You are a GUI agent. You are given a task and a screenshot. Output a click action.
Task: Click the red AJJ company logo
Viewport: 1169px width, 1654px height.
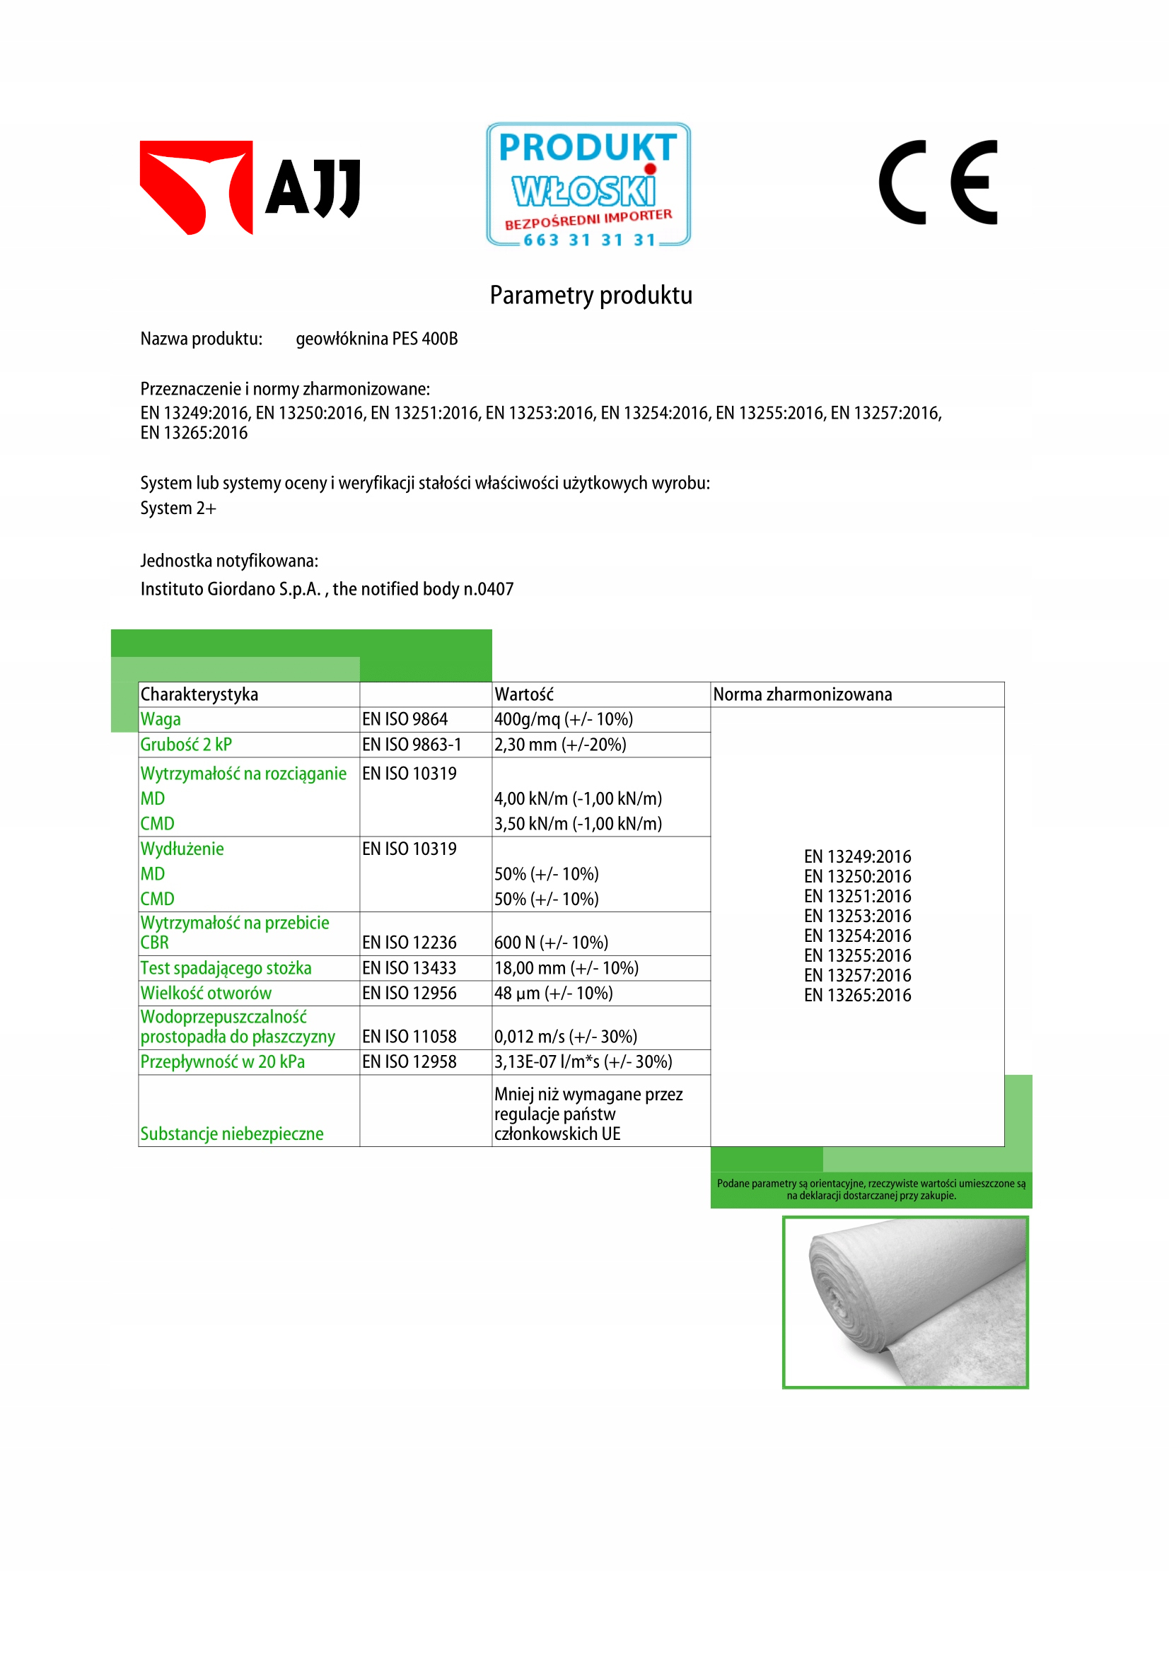tap(248, 187)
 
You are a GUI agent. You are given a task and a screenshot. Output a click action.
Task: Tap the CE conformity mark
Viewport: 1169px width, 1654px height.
tap(938, 182)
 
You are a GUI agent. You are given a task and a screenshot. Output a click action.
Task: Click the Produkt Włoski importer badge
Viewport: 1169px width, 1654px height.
tap(588, 185)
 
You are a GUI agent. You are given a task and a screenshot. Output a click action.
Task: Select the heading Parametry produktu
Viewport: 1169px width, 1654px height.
tap(591, 296)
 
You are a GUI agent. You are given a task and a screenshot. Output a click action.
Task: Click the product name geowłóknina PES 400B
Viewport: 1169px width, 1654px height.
tap(377, 339)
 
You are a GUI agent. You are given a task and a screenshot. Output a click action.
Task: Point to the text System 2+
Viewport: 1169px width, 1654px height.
tap(178, 508)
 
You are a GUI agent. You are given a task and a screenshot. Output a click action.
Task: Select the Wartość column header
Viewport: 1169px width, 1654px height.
tap(524, 694)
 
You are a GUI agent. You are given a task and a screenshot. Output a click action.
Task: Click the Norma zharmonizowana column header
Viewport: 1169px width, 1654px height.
tap(803, 694)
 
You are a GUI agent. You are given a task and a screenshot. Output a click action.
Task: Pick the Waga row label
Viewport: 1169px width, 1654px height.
tap(161, 720)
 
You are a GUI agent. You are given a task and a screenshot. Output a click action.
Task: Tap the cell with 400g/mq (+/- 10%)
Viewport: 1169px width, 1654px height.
tap(563, 720)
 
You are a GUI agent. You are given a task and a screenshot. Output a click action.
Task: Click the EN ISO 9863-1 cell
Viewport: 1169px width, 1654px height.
tap(412, 745)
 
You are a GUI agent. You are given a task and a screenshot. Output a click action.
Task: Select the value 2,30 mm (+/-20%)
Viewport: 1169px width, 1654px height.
tap(559, 745)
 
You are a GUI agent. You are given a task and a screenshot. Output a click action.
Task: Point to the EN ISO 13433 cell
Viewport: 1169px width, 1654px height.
tap(409, 968)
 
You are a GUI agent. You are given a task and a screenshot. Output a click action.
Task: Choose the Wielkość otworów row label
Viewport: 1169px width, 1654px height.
tap(206, 994)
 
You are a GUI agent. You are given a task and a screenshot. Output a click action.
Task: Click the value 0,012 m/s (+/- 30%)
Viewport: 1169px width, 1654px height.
tap(566, 1037)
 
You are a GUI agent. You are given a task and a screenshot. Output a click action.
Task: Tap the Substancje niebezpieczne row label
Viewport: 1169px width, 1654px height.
tap(232, 1134)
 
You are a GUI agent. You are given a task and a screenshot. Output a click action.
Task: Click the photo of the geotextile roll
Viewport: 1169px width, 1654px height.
tap(905, 1302)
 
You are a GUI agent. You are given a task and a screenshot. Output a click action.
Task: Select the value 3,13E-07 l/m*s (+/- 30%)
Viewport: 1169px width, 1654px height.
tap(583, 1062)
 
